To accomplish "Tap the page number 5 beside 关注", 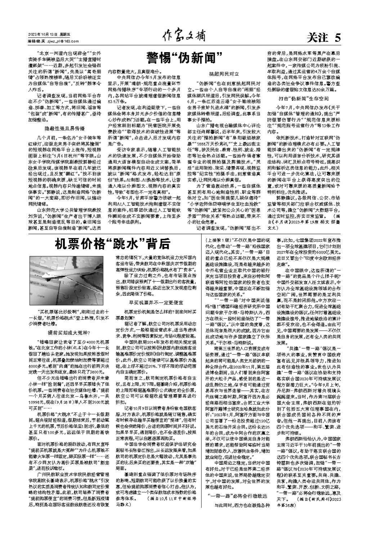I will click(337, 37).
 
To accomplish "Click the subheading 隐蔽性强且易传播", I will click(64, 128).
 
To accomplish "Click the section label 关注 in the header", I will click(317, 37).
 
